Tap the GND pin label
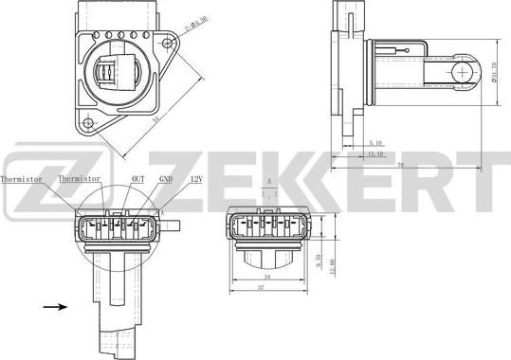tap(165, 178)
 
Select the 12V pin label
tap(196, 178)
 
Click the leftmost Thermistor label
tap(21, 178)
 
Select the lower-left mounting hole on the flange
tap(88, 122)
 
